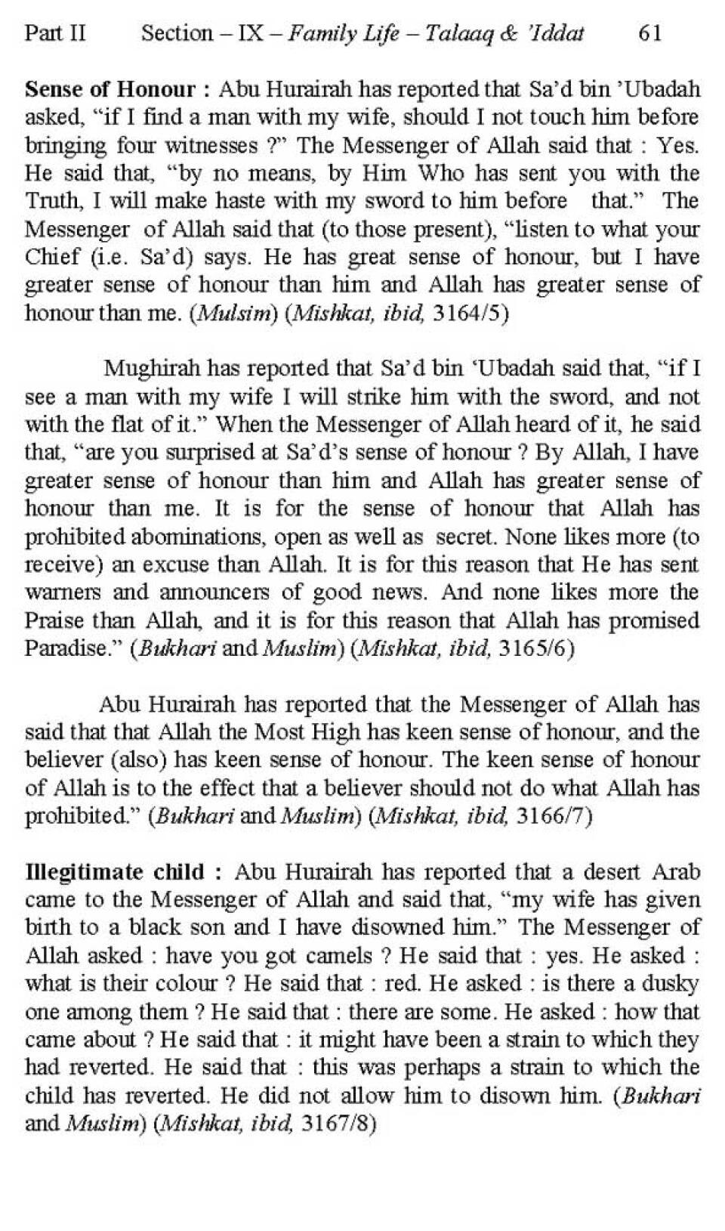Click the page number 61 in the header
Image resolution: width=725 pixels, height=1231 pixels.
tap(650, 33)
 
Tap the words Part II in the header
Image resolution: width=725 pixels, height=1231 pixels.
tap(55, 33)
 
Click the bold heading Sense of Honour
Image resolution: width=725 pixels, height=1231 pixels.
tap(110, 89)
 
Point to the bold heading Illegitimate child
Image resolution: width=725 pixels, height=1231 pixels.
tap(115, 871)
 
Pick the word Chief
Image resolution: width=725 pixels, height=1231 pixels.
tap(52, 257)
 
